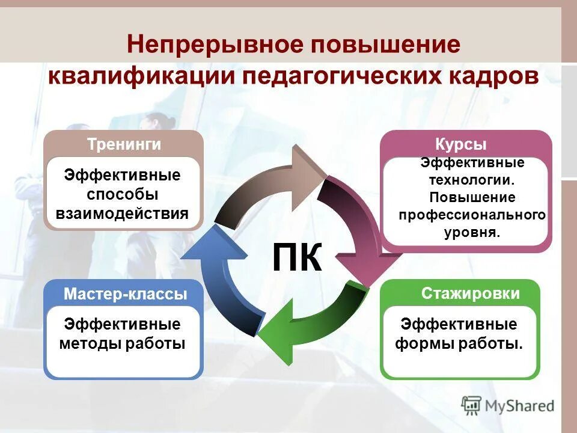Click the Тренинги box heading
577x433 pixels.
124,144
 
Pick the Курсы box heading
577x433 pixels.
460,144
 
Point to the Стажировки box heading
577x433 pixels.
470,293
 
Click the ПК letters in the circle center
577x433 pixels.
297,257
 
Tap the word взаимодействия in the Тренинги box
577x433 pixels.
122,213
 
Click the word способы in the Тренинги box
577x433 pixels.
123,194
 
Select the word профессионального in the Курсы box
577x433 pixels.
472,215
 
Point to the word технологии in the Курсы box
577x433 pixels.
471,180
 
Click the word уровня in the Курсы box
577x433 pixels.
472,232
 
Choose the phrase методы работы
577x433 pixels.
122,343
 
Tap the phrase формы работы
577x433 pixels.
459,343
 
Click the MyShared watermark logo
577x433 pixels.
508,405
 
